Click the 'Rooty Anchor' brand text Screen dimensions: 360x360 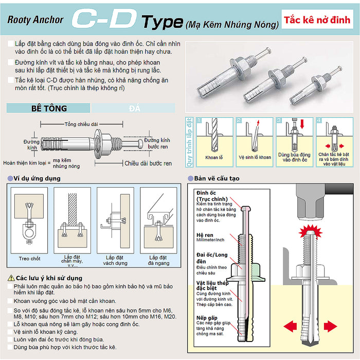coord(35,20)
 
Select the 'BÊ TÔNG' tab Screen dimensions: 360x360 coord(49,108)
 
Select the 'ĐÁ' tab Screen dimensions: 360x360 coord(135,108)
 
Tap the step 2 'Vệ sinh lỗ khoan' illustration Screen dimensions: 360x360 coord(255,139)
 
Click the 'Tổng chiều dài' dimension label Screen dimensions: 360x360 coord(81,124)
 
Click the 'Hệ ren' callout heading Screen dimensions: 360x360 coord(205,235)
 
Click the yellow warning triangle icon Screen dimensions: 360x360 coord(11,278)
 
